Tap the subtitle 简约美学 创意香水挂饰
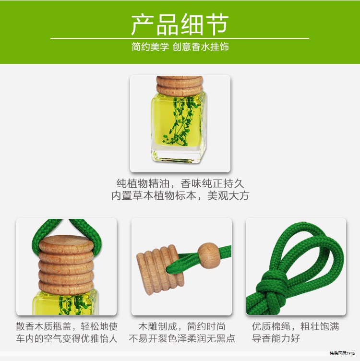coord(180,48)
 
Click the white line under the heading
coord(180,38)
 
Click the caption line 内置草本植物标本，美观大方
coord(180,196)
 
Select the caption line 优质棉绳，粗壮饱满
coord(295,326)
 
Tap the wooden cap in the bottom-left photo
coord(66,264)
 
